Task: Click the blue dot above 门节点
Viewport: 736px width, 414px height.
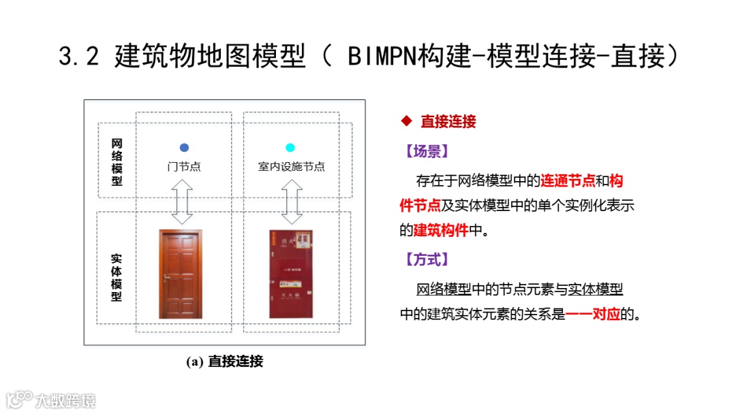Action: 184,148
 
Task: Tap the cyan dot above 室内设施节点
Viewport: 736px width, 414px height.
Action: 290,148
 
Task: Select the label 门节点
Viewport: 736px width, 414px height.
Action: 184,167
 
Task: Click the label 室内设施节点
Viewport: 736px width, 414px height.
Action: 291,167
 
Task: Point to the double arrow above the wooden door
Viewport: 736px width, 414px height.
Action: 182,202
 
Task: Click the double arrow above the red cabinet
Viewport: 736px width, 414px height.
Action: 292,202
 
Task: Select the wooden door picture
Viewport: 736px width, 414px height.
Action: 181,274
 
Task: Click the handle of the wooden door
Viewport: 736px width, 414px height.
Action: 166,277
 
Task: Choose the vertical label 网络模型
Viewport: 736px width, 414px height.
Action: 117,163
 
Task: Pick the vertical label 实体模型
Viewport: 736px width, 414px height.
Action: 117,278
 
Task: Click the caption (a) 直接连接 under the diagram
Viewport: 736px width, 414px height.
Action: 224,362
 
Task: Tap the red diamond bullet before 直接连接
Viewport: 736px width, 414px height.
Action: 407,121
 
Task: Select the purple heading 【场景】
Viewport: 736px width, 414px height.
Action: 427,151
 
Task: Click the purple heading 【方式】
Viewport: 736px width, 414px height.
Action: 427,259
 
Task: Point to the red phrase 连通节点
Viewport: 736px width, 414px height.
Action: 568,181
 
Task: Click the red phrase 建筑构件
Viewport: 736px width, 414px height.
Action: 441,230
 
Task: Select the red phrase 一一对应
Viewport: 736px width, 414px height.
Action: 593,315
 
